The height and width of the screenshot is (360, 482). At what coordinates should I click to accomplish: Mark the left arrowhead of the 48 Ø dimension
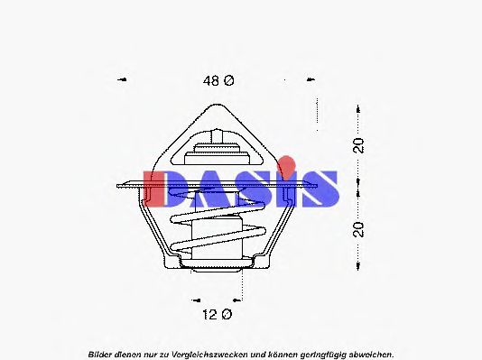[x=123, y=80]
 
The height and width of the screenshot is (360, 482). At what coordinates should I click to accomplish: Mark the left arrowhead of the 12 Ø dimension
[x=195, y=298]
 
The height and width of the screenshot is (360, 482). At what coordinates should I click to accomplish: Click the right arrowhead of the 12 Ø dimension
[x=241, y=298]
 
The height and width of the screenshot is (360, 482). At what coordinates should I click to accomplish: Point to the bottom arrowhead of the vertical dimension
[x=359, y=268]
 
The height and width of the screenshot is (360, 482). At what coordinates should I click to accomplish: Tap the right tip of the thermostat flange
[x=321, y=187]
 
